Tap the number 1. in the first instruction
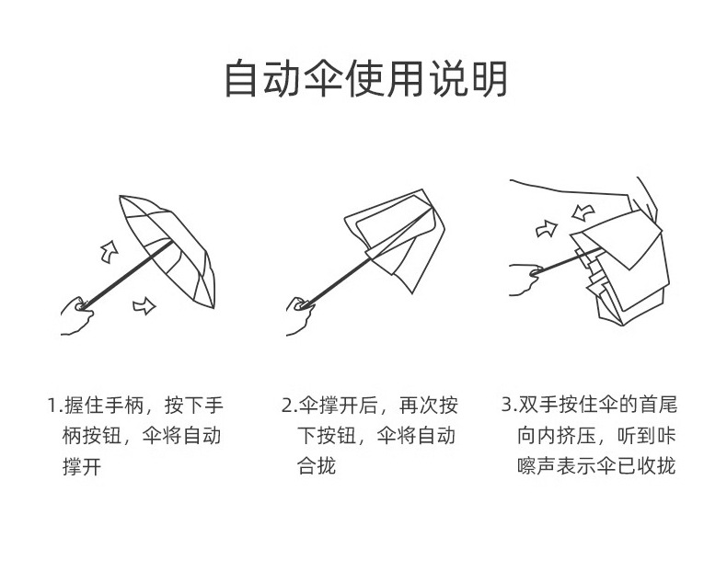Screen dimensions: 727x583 tap(54, 406)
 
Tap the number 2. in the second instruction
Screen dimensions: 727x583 tap(288, 406)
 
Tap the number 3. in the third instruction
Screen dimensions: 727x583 tap(508, 406)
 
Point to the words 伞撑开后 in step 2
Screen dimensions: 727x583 tap(336, 406)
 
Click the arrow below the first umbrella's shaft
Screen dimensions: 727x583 tap(144, 306)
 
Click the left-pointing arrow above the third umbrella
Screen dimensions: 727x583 tap(581, 213)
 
